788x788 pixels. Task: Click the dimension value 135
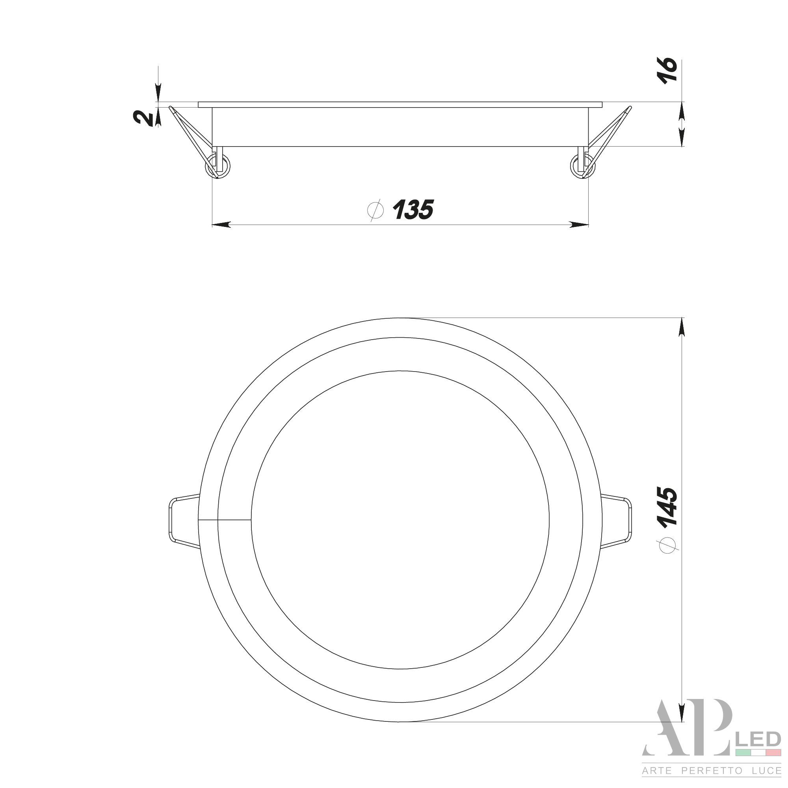click(x=413, y=209)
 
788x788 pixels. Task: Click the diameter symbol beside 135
click(x=375, y=210)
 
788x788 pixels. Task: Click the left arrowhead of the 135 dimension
click(x=221, y=224)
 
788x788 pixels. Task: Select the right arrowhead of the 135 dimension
click(x=579, y=224)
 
